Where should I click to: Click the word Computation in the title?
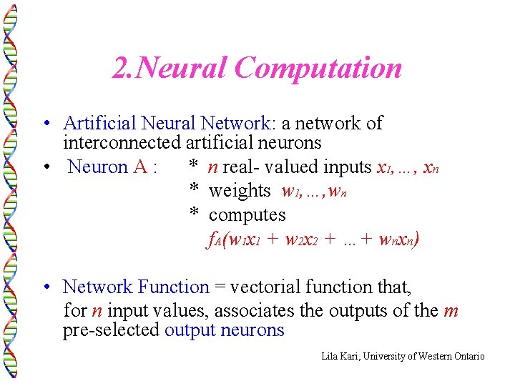coord(318,69)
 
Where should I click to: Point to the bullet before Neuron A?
coord(45,167)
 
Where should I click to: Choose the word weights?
coord(240,191)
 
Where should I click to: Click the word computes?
coord(247,215)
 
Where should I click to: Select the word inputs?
coord(346,167)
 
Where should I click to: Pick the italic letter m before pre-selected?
coord(451,312)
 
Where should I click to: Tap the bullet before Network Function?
coord(45,287)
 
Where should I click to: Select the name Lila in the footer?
coord(330,356)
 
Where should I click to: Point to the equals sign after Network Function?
coord(220,287)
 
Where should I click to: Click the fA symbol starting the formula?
coord(215,239)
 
